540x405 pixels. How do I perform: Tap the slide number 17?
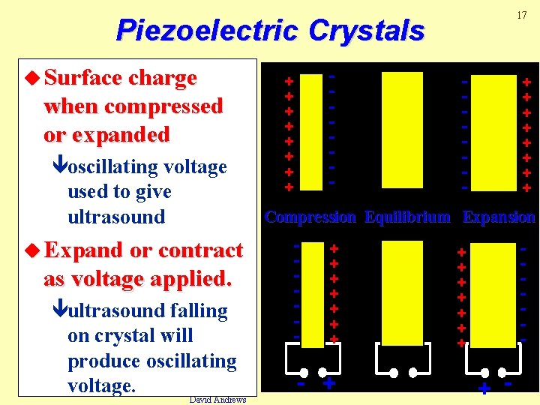(522, 14)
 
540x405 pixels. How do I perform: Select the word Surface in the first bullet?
(84, 78)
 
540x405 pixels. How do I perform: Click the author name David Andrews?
(217, 400)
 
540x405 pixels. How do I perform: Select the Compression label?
(310, 217)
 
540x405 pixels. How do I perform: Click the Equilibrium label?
(407, 217)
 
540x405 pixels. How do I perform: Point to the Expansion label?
(499, 217)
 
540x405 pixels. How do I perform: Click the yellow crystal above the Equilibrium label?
(402, 130)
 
